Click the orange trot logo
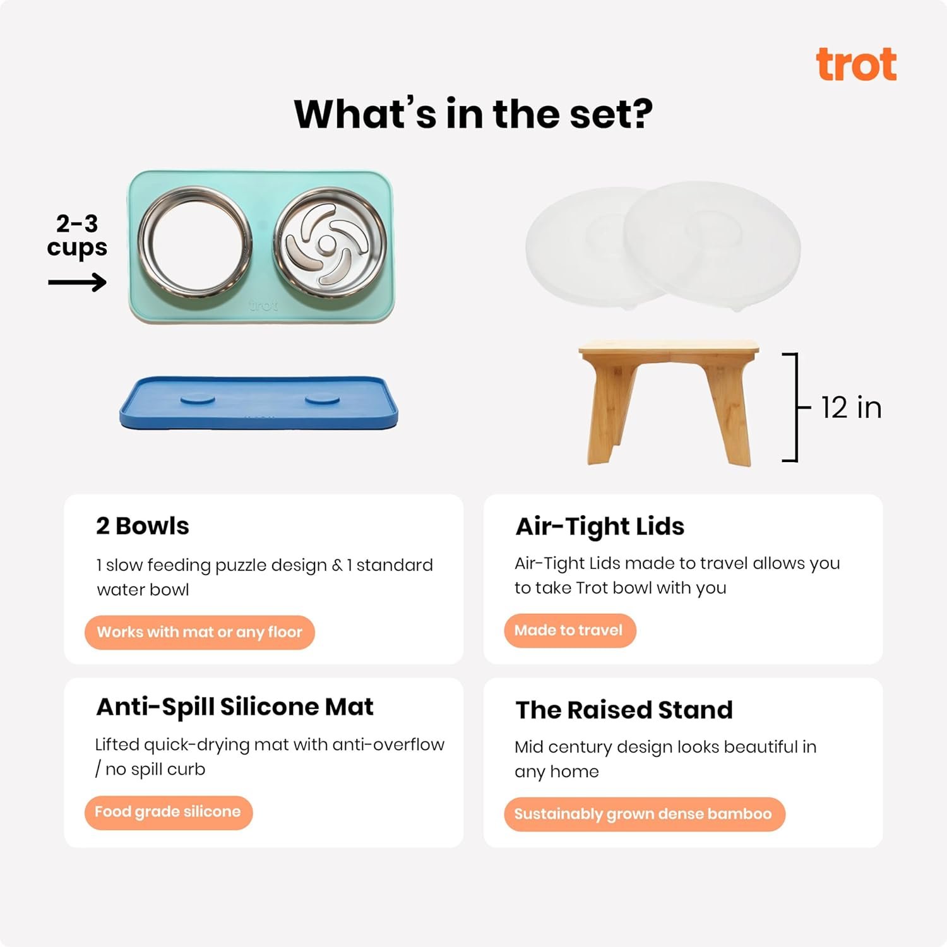click(x=856, y=64)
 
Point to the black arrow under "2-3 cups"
click(x=77, y=282)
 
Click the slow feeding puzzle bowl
click(x=330, y=242)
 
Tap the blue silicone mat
click(x=259, y=403)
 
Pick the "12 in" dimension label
click(x=851, y=408)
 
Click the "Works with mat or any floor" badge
click(x=200, y=632)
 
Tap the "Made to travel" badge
click(x=569, y=630)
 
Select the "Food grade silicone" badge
click(x=169, y=812)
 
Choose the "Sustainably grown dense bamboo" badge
click(x=644, y=814)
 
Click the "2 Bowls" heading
click(x=143, y=526)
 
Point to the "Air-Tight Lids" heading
click(x=600, y=527)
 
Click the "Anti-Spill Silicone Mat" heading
click(x=235, y=707)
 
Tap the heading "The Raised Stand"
click(x=624, y=710)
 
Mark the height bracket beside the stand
click(x=797, y=407)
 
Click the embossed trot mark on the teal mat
click(x=263, y=306)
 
